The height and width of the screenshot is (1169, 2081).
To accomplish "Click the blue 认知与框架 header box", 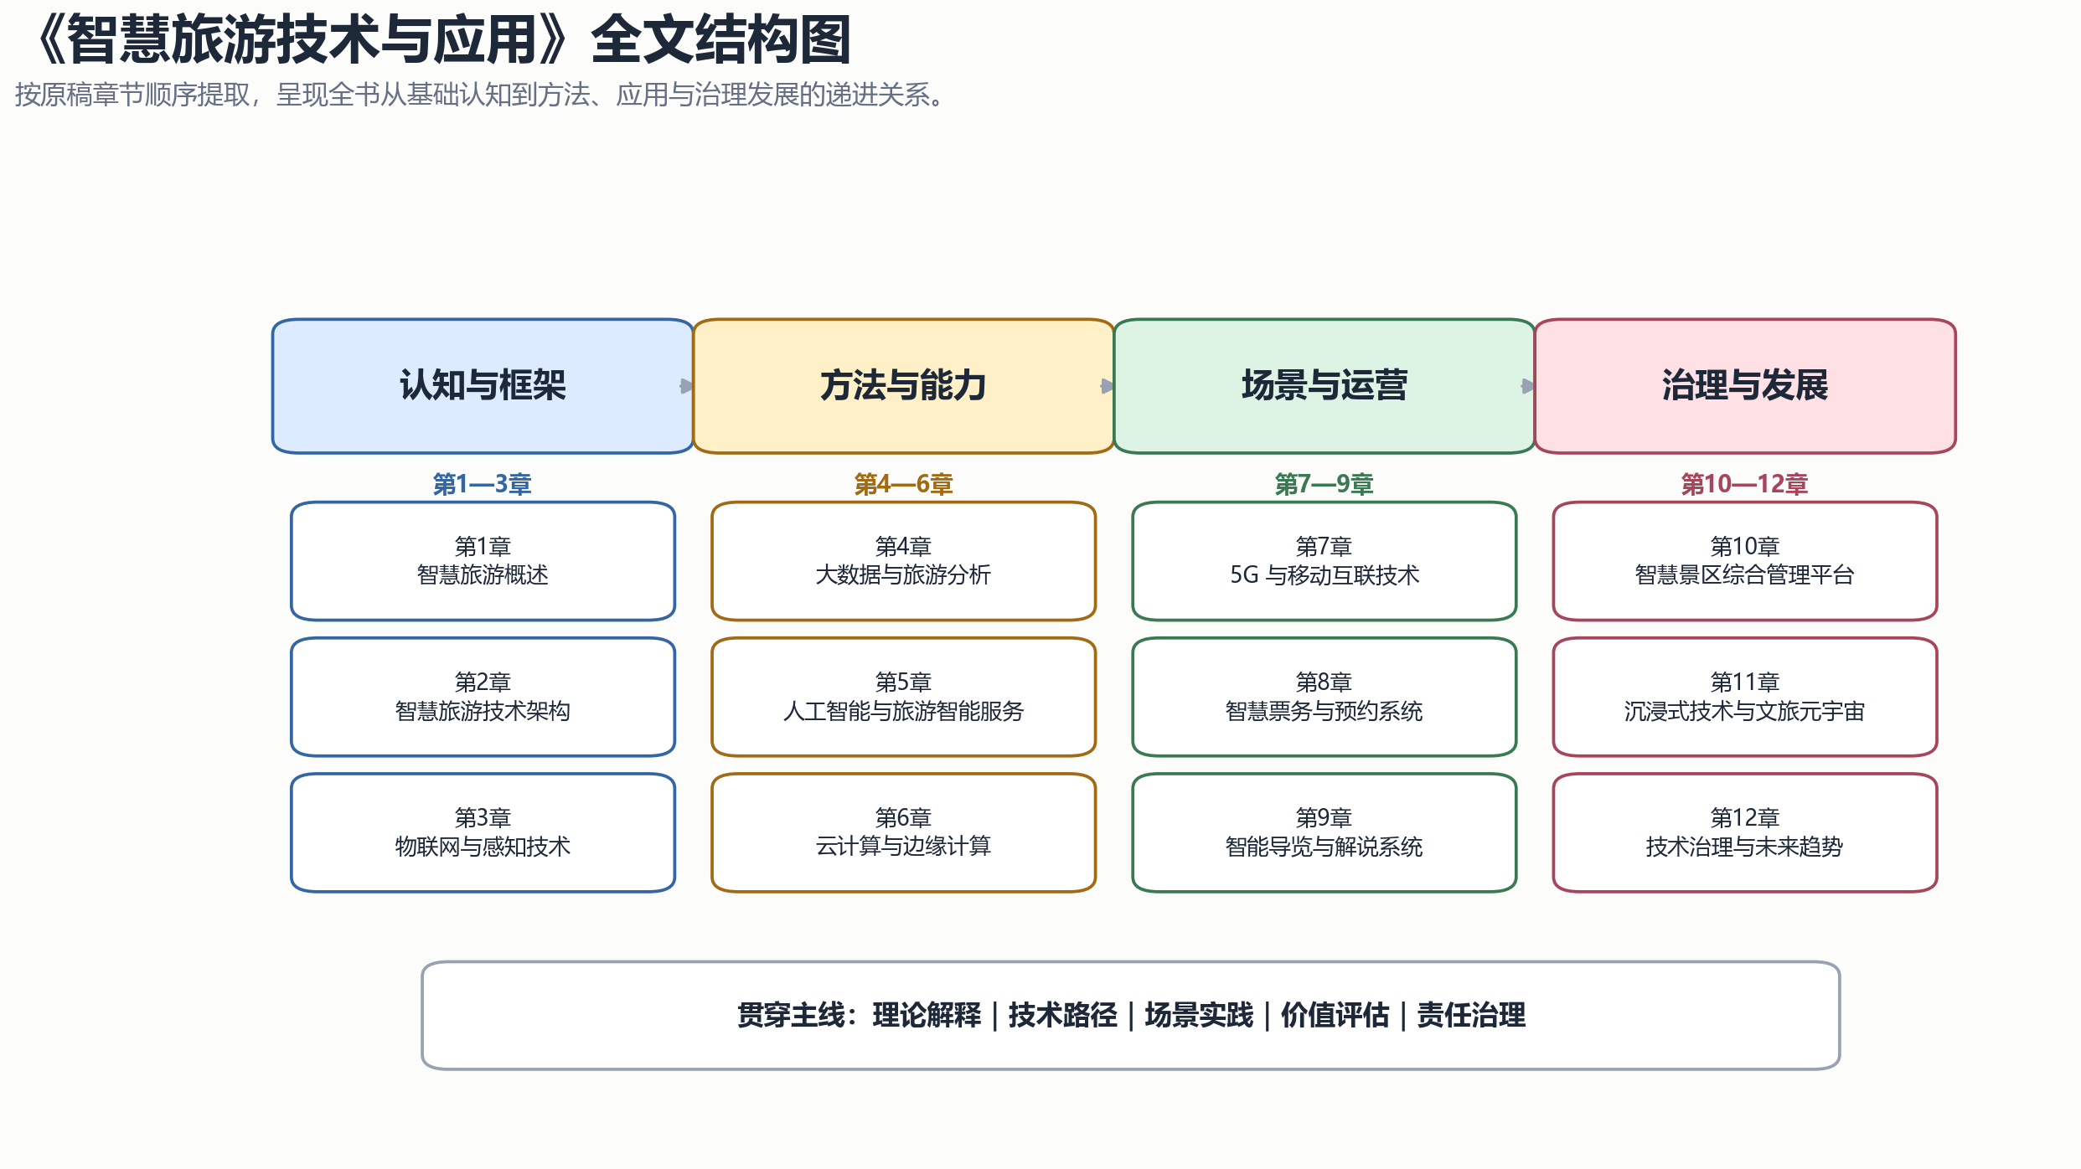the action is pos(483,386).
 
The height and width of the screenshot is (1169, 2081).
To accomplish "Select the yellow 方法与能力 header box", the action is pos(903,386).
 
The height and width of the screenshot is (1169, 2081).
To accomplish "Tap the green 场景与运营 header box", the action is pos(1324,386).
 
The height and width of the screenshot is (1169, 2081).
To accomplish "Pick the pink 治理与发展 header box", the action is pos(1745,386).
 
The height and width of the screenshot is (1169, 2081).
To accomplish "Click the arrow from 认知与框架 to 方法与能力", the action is pos(687,386).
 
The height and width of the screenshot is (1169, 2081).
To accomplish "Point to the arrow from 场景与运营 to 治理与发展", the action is pos(1528,386).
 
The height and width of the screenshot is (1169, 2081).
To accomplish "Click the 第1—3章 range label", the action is pos(482,484).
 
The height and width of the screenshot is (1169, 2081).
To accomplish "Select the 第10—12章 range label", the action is pos(1744,484).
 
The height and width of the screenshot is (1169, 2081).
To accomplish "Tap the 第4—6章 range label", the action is pos(903,484).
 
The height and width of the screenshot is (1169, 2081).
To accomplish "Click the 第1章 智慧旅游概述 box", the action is pos(483,561).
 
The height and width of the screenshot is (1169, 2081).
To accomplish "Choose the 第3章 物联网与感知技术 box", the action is pos(483,832).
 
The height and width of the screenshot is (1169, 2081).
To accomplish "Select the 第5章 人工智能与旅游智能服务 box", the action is pos(903,697).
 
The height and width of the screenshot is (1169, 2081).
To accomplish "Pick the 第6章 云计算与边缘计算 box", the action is pos(903,832).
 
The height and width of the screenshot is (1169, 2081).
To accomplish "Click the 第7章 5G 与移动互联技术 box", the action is pos(1324,561).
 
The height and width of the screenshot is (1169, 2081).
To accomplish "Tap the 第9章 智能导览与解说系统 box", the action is pos(1324,832).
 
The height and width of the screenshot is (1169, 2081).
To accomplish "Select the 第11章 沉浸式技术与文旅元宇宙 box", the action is pos(1745,697).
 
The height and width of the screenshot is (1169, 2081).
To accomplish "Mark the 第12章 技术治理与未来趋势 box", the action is pos(1745,832).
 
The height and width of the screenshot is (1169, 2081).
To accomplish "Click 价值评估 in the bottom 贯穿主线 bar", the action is pos(1335,1015).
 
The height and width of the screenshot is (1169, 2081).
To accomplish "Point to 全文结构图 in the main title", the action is pos(721,40).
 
